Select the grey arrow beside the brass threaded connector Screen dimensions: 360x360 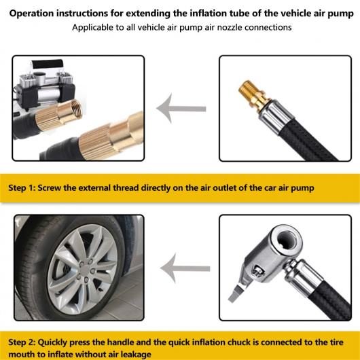(181, 109)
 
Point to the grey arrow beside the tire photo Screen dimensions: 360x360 (185, 268)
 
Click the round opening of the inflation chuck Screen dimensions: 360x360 (287, 241)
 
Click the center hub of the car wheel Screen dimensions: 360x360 (86, 269)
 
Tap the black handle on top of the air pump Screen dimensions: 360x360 (48, 64)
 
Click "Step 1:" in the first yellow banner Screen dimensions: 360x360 (21, 187)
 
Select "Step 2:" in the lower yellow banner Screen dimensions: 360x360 (22, 342)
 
